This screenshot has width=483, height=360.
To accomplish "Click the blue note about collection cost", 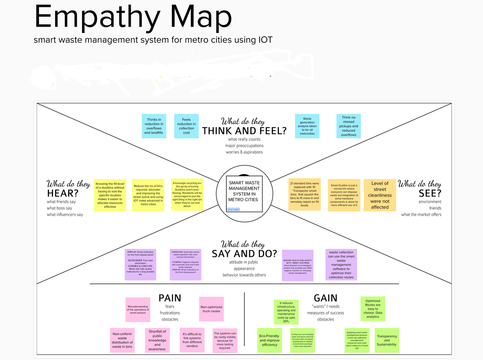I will (x=186, y=126).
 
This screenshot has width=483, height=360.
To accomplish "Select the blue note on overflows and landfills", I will (x=154, y=126).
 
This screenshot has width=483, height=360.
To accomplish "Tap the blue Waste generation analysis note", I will (x=307, y=126).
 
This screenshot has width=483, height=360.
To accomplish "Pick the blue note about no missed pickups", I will (x=349, y=126).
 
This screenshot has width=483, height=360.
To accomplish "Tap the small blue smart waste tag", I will (x=233, y=209).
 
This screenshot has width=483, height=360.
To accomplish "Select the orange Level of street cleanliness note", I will (x=380, y=195).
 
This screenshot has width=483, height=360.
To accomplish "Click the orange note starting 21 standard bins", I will (x=304, y=194).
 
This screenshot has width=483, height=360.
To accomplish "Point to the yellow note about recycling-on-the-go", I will (x=187, y=194).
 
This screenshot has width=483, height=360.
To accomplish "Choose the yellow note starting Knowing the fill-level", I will (x=110, y=195).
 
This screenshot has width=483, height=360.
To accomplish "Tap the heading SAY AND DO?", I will (x=244, y=254).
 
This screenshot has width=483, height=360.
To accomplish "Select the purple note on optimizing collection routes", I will (x=341, y=264).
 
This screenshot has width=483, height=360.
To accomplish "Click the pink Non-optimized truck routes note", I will (x=211, y=309).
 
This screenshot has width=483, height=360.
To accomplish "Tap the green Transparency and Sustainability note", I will (x=386, y=340).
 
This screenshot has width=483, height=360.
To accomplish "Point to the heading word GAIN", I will (x=326, y=298).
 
